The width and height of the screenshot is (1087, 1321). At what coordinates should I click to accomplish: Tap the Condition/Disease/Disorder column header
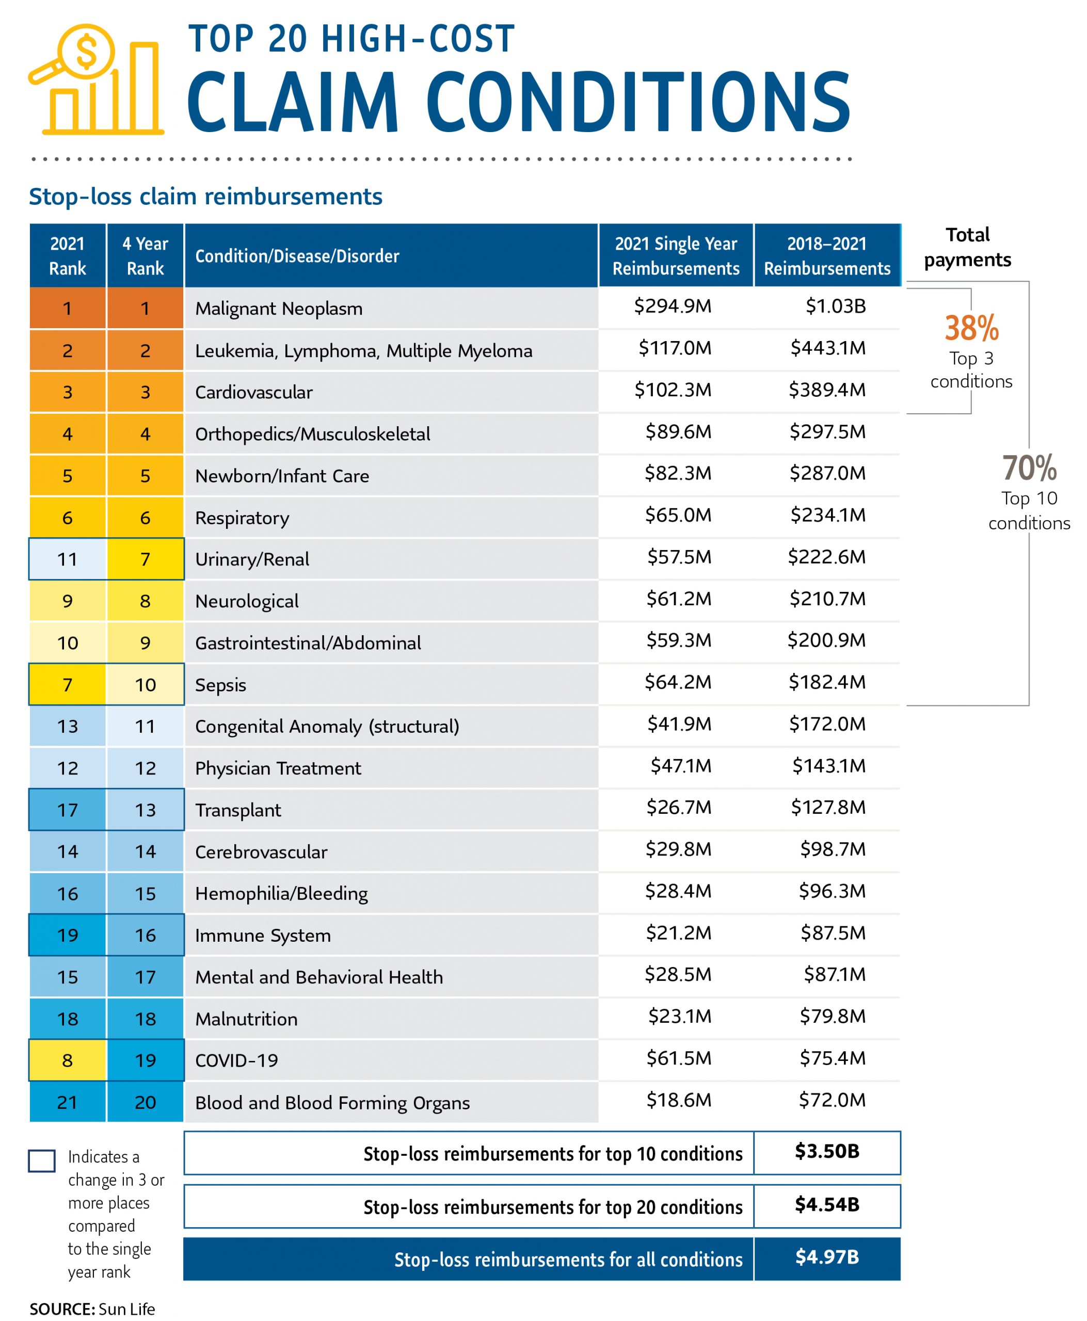coord(297,256)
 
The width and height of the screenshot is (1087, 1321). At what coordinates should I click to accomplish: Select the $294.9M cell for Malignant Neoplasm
coord(673,306)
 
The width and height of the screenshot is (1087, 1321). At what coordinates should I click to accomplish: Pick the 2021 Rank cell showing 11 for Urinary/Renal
coord(68,559)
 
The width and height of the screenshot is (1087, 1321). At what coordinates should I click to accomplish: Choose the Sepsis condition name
coord(220,685)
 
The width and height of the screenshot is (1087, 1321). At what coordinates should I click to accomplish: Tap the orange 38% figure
coord(971,329)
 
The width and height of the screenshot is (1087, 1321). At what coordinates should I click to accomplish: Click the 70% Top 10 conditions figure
coord(1029,469)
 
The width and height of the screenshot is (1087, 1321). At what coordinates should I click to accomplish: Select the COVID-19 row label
coord(237,1060)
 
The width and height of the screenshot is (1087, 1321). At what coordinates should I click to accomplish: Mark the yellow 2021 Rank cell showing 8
coord(68,1060)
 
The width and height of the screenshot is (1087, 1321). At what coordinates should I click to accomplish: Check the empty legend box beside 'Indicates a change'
coord(42,1161)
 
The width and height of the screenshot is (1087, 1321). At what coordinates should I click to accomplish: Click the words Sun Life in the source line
coord(126,1309)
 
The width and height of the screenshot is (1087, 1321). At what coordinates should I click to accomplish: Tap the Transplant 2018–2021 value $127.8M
coord(828,808)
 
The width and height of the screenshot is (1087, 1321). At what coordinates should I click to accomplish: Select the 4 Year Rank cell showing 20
coord(145,1103)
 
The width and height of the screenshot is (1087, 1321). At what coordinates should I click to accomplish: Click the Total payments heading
coord(967,247)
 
